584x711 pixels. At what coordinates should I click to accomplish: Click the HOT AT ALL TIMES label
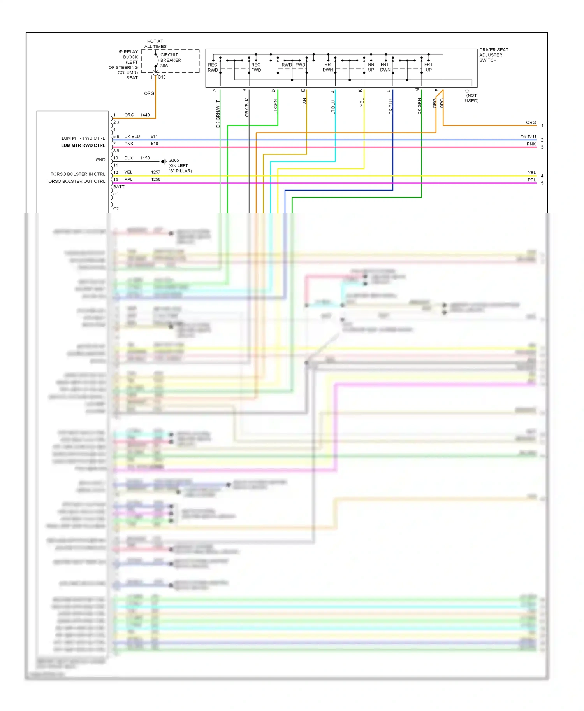155,44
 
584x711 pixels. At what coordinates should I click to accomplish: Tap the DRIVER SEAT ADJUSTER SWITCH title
493,55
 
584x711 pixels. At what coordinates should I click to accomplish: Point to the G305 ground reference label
174,160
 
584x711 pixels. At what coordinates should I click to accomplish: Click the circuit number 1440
145,115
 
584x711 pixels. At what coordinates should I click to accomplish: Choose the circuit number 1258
155,179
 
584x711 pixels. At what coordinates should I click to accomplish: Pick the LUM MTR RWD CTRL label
83,145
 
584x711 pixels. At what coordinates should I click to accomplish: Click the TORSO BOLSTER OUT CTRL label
75,181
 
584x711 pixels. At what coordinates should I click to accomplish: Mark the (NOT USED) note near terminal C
471,98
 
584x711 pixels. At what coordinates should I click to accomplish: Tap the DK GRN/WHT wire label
218,114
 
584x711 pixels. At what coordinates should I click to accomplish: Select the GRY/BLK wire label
247,107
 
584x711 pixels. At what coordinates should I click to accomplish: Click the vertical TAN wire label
304,102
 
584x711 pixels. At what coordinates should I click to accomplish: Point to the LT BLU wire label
333,107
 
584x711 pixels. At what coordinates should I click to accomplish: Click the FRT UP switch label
428,67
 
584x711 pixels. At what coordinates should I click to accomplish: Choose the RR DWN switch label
327,67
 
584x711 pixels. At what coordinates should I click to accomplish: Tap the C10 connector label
162,77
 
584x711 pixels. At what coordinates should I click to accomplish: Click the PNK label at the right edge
531,144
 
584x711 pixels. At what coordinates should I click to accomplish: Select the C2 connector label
116,209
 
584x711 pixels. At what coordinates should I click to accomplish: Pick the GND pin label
100,160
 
